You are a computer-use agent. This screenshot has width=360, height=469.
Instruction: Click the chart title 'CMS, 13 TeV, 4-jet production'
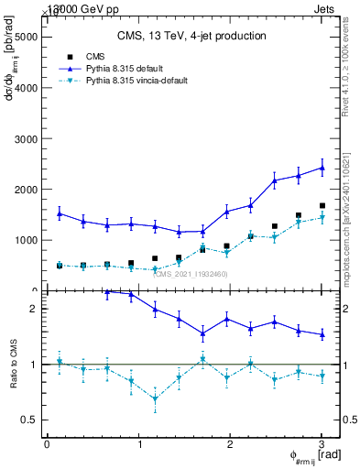point(191,37)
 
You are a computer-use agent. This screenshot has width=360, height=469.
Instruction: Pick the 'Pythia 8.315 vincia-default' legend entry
point(136,81)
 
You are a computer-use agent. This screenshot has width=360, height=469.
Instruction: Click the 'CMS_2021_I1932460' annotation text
point(191,274)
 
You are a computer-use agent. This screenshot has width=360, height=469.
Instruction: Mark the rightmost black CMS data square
point(322,206)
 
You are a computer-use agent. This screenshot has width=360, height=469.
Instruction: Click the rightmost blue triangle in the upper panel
point(322,168)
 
